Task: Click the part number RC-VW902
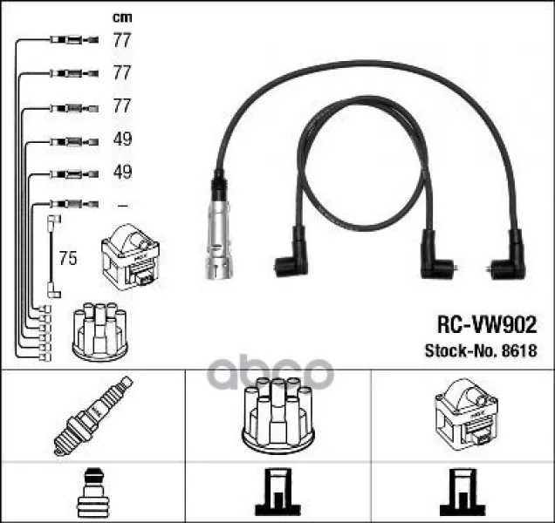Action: tap(487, 325)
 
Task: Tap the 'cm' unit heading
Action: tap(122, 17)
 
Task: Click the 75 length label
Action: tap(68, 258)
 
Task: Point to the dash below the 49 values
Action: tap(122, 205)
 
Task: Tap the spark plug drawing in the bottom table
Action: tap(92, 416)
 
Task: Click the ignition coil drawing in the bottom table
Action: tap(467, 415)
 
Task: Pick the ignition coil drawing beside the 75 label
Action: tap(130, 257)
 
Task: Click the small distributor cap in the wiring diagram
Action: tap(99, 331)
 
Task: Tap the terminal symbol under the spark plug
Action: tap(93, 493)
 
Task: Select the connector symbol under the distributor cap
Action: tap(278, 492)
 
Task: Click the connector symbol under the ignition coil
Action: tap(462, 492)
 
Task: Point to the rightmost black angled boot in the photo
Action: tap(508, 256)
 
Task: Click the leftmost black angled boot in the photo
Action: tap(292, 253)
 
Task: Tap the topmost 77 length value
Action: tap(122, 40)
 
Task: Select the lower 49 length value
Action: tap(122, 172)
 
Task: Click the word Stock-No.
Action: tap(461, 350)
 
